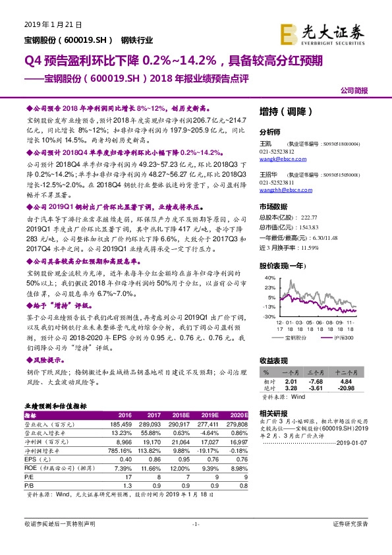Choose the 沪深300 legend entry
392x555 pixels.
[x=343, y=337]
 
